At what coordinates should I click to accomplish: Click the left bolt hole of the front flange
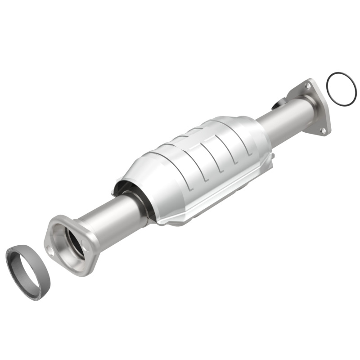[50, 252]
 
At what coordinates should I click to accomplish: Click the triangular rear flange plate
[315, 108]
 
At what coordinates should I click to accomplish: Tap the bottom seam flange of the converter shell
[202, 211]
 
